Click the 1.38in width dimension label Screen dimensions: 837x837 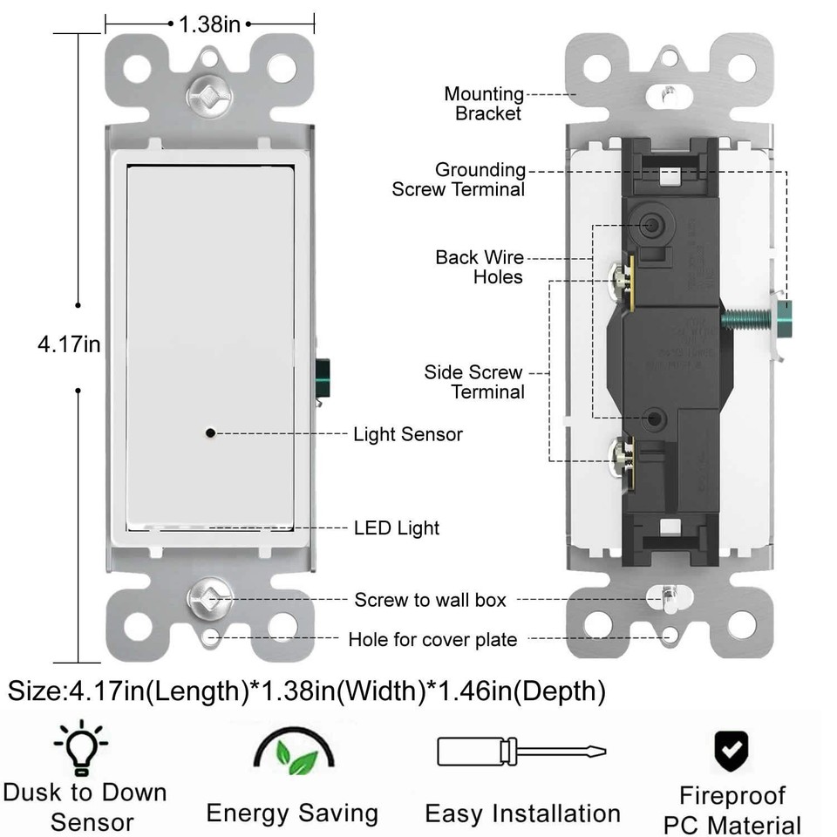pyautogui.click(x=209, y=24)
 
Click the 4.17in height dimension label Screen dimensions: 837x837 pyautogui.click(x=69, y=344)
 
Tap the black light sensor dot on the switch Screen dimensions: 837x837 pyautogui.click(x=210, y=432)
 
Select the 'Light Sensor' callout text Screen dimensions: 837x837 pyautogui.click(x=407, y=434)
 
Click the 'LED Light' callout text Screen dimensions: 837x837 pyautogui.click(x=397, y=527)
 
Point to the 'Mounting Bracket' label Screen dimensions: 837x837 pyautogui.click(x=484, y=103)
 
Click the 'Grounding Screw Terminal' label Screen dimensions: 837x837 pyautogui.click(x=459, y=180)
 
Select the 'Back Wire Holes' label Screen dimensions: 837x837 pyautogui.click(x=480, y=267)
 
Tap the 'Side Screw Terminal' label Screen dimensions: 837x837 pyautogui.click(x=474, y=382)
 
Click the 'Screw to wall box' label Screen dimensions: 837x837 pyautogui.click(x=430, y=600)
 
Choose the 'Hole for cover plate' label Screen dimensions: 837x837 pyautogui.click(x=432, y=640)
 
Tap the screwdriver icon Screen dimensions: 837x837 pyautogui.click(x=521, y=752)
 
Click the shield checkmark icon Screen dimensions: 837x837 pyautogui.click(x=732, y=749)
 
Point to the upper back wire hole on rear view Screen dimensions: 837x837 pyautogui.click(x=650, y=225)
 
